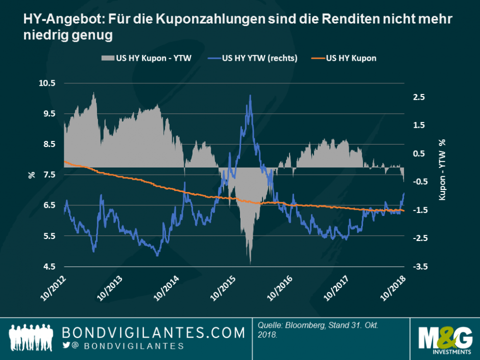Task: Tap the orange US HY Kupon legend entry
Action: click(x=349, y=58)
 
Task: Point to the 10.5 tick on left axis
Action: click(x=49, y=83)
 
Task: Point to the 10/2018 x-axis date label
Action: click(x=393, y=288)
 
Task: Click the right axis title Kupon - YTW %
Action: click(x=442, y=169)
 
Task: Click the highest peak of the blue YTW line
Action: click(x=250, y=95)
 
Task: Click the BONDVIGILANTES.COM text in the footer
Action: click(x=153, y=333)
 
